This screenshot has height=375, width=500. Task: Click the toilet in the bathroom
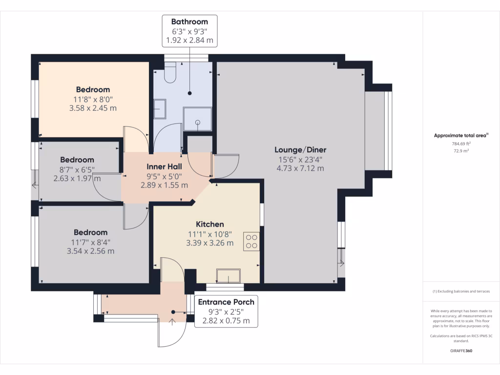click(170, 73)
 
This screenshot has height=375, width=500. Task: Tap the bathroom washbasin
click(160, 109)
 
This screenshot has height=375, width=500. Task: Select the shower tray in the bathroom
click(197, 119)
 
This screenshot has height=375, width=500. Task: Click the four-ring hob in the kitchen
click(251, 241)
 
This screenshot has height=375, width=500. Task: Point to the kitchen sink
click(229, 276)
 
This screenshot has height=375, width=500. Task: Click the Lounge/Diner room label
click(300, 149)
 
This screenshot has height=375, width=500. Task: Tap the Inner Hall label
click(164, 167)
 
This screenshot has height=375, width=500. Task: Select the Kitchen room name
click(210, 224)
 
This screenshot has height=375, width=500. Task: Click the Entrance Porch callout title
click(226, 302)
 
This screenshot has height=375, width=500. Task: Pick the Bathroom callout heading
click(189, 21)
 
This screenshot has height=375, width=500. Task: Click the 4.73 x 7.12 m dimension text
click(300, 168)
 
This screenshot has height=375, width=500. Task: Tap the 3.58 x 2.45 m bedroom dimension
click(93, 108)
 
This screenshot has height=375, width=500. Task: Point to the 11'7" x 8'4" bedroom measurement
click(90, 242)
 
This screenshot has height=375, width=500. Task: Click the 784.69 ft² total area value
click(461, 144)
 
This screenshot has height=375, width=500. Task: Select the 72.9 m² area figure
click(461, 151)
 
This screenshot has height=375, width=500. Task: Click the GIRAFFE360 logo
click(461, 351)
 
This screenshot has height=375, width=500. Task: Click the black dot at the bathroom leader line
click(190, 93)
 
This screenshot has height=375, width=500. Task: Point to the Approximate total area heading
click(461, 136)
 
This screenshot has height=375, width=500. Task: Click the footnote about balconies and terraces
click(461, 291)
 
